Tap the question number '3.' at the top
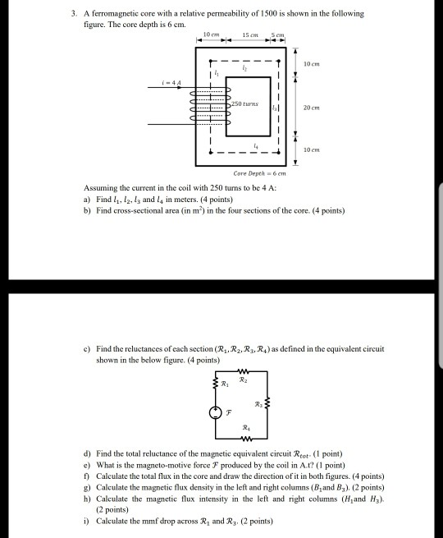pyautogui.click(x=74, y=14)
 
